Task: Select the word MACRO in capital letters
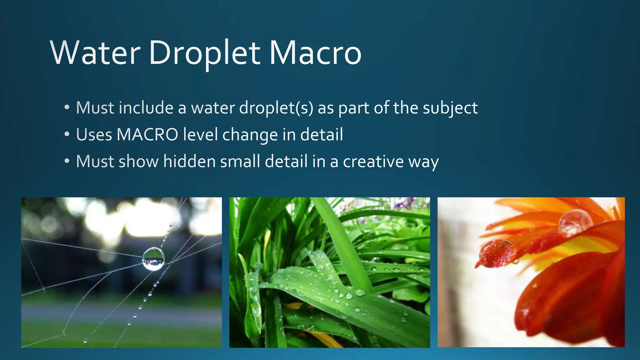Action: (x=147, y=135)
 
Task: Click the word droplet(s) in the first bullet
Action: (x=276, y=108)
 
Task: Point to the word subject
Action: (x=450, y=108)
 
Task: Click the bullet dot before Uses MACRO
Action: (x=67, y=135)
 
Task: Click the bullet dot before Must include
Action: (x=67, y=108)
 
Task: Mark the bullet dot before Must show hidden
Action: (x=67, y=162)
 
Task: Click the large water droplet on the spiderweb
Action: (x=153, y=259)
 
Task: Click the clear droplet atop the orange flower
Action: (x=575, y=222)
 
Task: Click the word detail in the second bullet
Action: (x=322, y=135)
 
